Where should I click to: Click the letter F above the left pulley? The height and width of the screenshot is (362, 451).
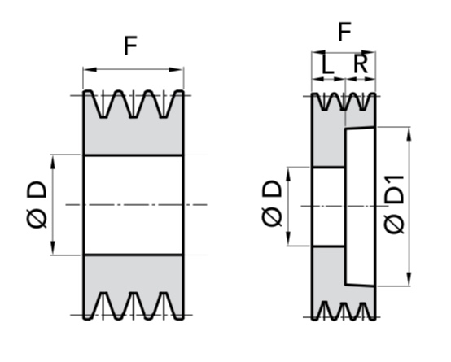[130, 46]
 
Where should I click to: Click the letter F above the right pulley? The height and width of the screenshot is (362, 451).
[345, 32]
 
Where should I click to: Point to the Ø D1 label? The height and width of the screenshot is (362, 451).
[395, 204]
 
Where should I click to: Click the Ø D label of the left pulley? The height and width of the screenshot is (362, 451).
[37, 204]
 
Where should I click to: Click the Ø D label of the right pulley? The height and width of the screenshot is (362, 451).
[272, 203]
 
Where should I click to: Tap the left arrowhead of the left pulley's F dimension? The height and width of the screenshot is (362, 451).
[90, 70]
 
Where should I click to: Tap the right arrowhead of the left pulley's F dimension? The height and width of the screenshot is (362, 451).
[176, 70]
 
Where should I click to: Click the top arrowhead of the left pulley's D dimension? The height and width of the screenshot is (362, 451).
[53, 162]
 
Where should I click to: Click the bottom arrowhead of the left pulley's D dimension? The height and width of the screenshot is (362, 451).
[53, 248]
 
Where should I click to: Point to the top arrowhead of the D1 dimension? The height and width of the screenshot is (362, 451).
[409, 133]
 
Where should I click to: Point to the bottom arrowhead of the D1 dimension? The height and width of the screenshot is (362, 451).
[409, 279]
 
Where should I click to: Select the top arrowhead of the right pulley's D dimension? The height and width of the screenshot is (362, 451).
[288, 173]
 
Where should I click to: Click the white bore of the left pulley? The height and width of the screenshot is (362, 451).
[134, 205]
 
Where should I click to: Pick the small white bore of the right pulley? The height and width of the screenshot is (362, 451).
[328, 207]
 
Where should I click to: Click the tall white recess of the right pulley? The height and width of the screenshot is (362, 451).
[360, 207]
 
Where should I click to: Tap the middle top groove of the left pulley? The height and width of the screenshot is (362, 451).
[134, 104]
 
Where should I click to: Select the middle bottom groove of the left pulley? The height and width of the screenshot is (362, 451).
[134, 305]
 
